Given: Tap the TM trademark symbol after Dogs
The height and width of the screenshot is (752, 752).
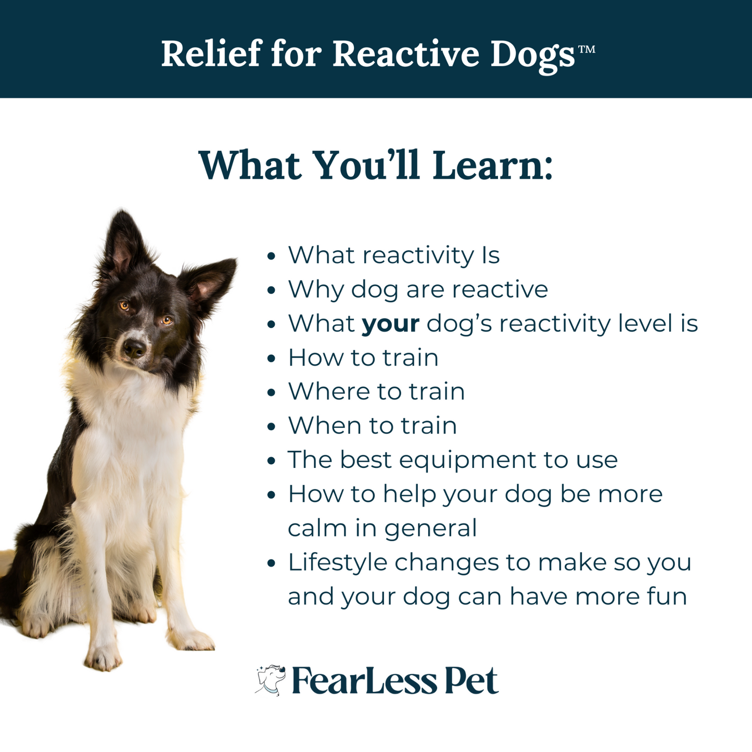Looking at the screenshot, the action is click(587, 49).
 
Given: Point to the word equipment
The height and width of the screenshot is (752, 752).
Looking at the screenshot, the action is click(467, 461).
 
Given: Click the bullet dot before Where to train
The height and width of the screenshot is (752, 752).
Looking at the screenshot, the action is click(272, 392).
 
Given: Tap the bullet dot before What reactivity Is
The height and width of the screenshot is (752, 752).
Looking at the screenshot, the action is click(272, 257).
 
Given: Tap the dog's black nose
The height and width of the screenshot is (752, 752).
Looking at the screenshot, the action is click(134, 347).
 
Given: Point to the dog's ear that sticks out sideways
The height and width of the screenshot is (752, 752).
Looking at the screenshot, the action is click(209, 283).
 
